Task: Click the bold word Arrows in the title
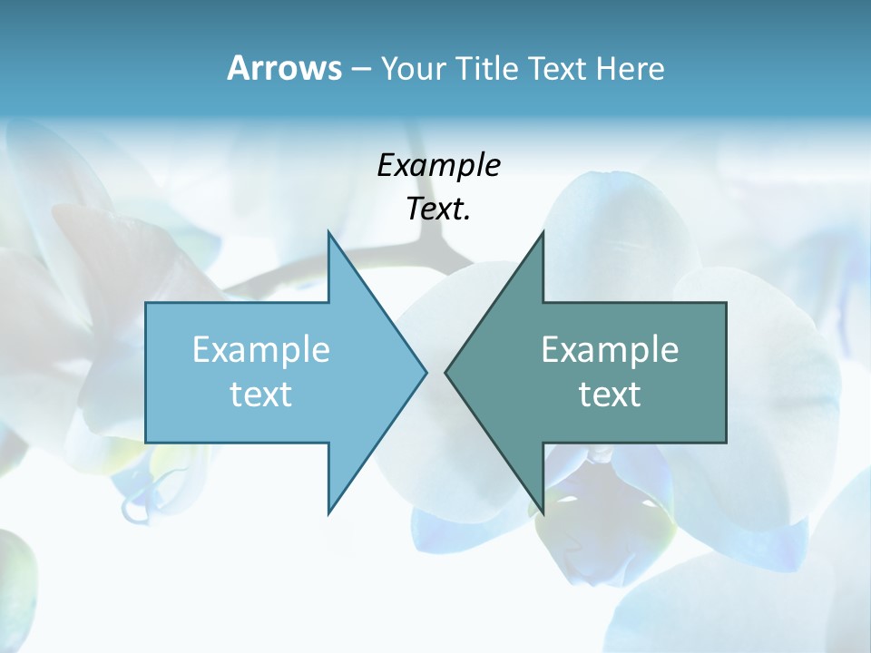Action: coord(284,68)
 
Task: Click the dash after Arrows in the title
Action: coord(360,69)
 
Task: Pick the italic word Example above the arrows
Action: coord(438,166)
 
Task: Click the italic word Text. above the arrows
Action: coord(438,210)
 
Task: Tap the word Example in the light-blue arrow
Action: coord(261,350)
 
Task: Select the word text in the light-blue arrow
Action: coord(261,395)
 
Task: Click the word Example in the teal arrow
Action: coord(610,350)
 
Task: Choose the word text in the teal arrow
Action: coord(610,395)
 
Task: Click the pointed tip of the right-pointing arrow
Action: coord(426,372)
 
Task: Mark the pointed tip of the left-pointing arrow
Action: coord(446,372)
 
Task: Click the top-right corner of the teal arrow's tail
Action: coord(725,303)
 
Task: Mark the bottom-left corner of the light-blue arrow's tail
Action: coord(147,442)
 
